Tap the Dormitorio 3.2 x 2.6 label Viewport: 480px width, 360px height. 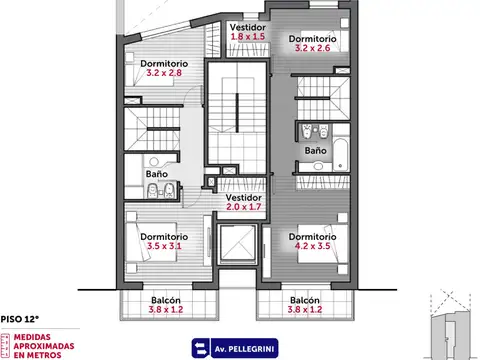[312, 43]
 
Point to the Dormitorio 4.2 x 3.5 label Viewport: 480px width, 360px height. [312, 241]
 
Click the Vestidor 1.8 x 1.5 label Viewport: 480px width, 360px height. [246, 31]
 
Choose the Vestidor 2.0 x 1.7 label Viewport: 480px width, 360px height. [243, 202]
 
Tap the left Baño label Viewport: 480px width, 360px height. [156, 173]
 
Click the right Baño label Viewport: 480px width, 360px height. [315, 150]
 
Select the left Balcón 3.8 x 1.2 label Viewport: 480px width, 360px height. [166, 304]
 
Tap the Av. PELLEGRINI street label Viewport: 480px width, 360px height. [241, 348]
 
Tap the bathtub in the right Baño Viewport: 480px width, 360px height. [339, 152]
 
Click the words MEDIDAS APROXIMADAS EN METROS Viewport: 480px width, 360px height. [45, 345]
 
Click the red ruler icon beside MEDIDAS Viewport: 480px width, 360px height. [6, 345]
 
